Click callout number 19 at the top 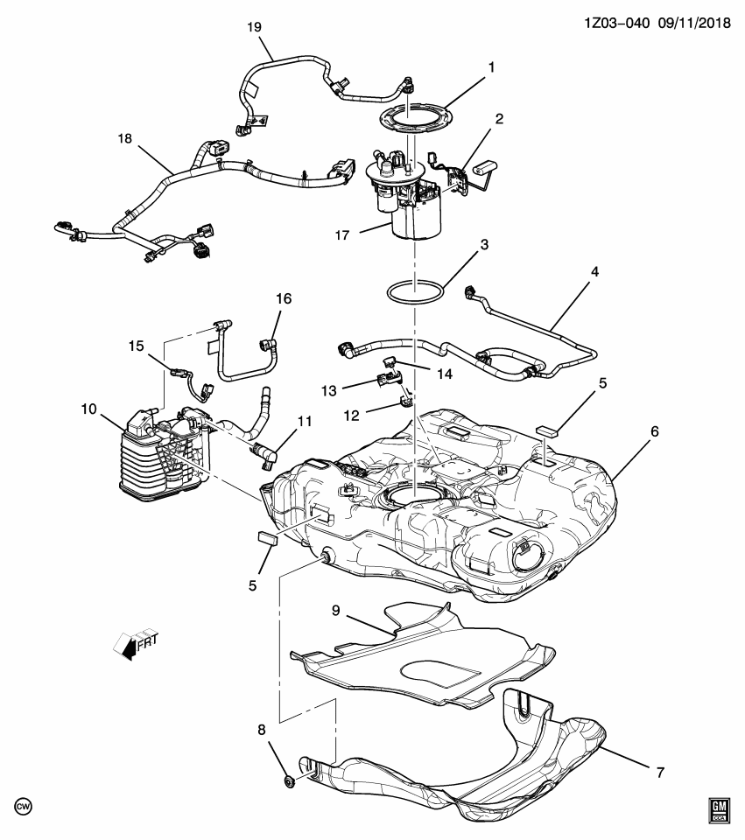[x=254, y=27]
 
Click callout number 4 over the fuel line [x=594, y=272]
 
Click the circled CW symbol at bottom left [x=22, y=803]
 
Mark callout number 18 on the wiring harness [x=124, y=139]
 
